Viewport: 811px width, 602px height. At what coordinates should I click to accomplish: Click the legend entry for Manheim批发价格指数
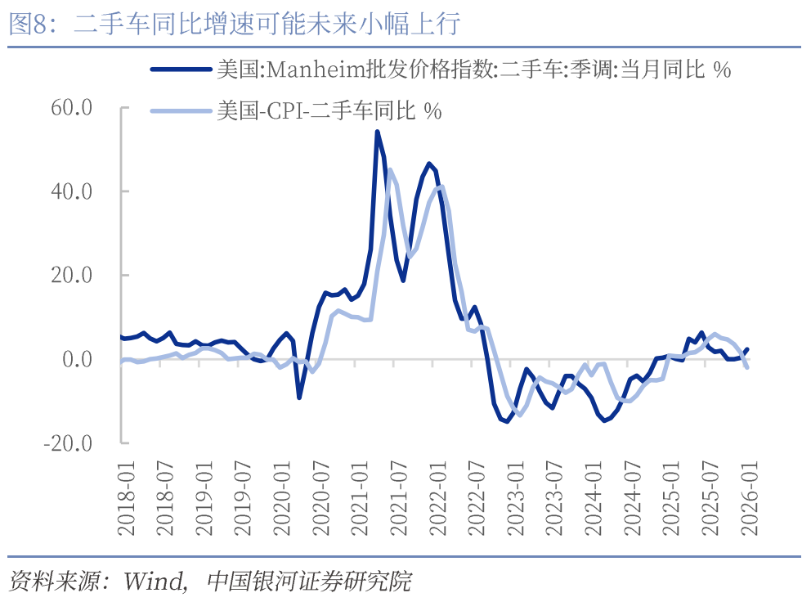(473, 70)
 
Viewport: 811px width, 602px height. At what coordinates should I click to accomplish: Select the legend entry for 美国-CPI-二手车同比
(329, 111)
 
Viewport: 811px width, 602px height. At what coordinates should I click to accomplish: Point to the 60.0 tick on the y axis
(71, 107)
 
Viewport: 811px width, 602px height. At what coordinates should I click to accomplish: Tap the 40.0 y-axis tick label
(71, 191)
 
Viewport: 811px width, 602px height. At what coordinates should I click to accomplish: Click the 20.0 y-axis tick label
(71, 276)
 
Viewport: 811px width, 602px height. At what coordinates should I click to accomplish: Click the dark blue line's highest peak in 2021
(377, 132)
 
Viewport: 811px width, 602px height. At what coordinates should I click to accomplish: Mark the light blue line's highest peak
(390, 170)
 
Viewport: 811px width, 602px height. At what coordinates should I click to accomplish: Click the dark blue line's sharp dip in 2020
(299, 398)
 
